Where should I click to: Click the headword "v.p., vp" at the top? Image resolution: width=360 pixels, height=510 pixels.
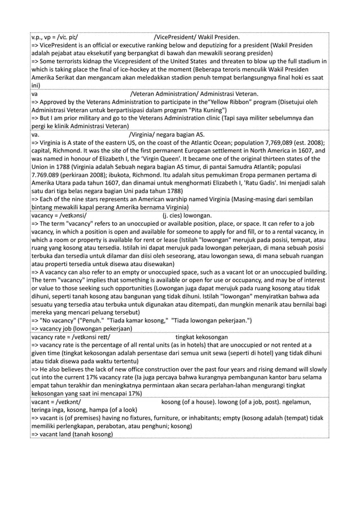click(x=42, y=38)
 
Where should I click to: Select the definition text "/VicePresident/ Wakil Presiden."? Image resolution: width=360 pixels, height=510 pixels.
click(x=196, y=38)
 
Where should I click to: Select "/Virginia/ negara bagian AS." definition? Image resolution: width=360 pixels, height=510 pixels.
click(x=167, y=134)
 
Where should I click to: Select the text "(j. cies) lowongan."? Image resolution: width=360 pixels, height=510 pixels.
click(x=187, y=215)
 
